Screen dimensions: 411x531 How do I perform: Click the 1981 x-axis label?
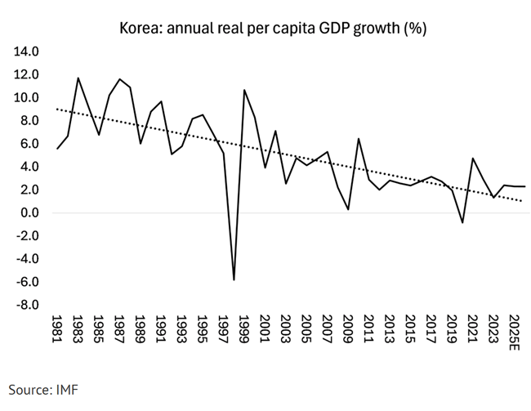coord(56,329)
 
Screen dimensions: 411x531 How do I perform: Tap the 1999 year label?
coord(244,329)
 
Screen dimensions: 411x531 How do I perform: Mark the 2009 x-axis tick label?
coord(348,329)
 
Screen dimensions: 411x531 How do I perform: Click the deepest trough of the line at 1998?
coord(234,280)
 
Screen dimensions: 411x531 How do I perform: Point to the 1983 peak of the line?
coord(78,78)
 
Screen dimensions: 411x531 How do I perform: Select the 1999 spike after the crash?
coord(244,90)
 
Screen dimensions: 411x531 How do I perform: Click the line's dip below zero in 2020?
coord(462,222)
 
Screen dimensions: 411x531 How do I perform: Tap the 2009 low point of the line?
coord(348,209)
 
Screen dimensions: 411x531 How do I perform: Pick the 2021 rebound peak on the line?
coord(473,159)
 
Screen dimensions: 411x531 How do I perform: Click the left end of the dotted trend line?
coord(56,109)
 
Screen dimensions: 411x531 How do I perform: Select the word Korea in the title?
coord(141,28)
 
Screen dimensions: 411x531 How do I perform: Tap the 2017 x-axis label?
coord(431,329)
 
